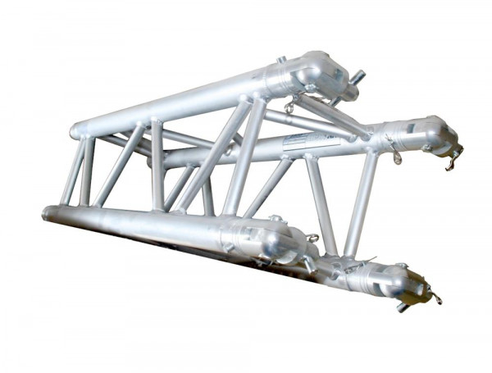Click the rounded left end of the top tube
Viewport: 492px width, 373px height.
coord(76,130)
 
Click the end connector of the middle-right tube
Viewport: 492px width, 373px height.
coord(422,134)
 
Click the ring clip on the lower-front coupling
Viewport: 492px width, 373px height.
coord(312,239)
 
